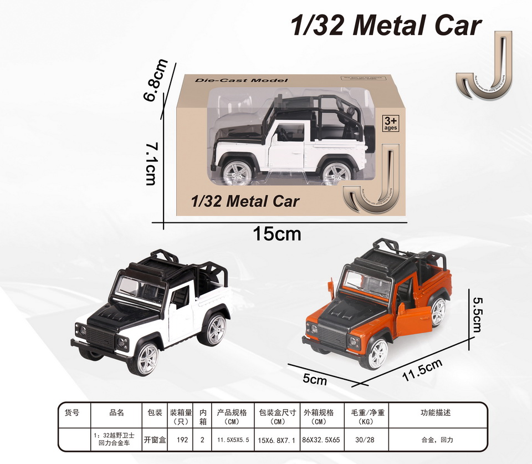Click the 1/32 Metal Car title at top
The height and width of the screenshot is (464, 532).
coord(386,26)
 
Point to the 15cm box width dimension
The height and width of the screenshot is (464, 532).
coord(277,234)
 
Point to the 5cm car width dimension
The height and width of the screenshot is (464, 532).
coord(315,380)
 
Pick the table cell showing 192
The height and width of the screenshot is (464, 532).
coord(181,440)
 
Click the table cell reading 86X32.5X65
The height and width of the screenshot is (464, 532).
coord(322,440)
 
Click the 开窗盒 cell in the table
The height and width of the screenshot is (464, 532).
coord(155,440)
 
